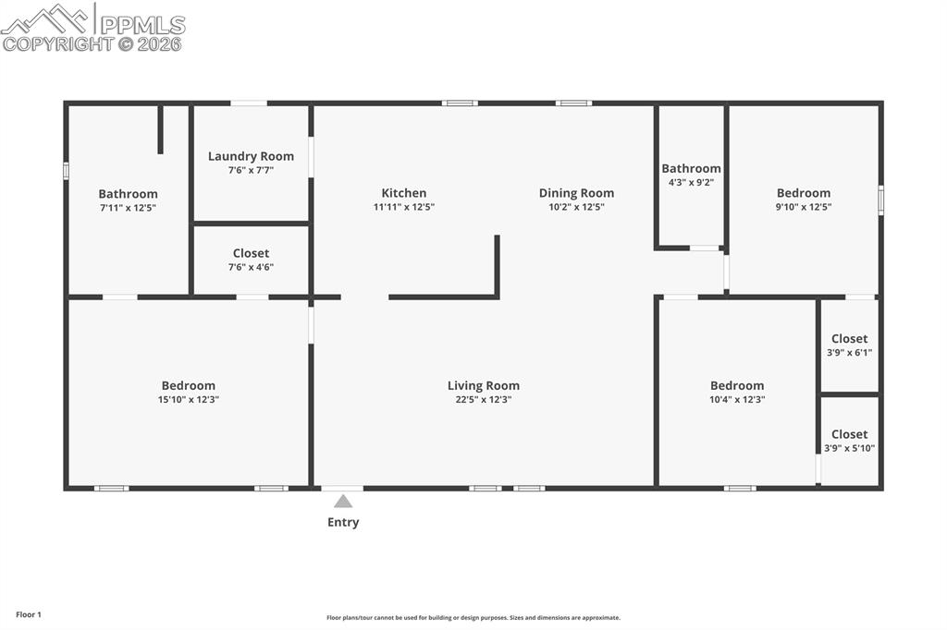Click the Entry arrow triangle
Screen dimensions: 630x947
click(x=343, y=502)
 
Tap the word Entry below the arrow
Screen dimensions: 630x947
click(x=343, y=522)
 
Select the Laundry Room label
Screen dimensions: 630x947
click(x=251, y=156)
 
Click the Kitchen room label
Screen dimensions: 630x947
click(x=404, y=193)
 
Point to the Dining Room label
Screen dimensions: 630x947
click(x=576, y=193)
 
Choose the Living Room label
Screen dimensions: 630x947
click(x=484, y=385)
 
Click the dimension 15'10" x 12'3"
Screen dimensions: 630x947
click(x=188, y=400)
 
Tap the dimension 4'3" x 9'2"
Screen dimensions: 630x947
click(x=691, y=182)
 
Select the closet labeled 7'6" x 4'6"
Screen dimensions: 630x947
click(x=251, y=260)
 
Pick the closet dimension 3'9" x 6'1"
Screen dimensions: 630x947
click(x=849, y=352)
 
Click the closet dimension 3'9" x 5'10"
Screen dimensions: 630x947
click(x=849, y=448)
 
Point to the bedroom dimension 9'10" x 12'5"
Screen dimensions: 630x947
click(x=803, y=207)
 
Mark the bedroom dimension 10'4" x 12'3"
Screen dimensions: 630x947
click(x=737, y=400)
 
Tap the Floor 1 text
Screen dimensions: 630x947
click(x=29, y=614)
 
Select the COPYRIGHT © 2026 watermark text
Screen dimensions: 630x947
click(x=92, y=43)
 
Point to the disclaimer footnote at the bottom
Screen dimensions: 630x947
click(x=473, y=618)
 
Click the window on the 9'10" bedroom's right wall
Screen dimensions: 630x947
click(x=880, y=200)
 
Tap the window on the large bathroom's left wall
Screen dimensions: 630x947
click(x=66, y=171)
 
